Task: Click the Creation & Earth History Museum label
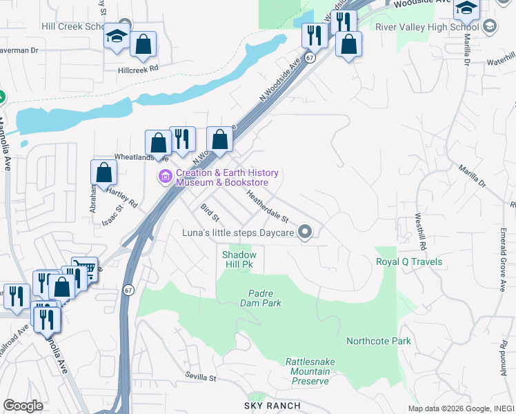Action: [226, 177]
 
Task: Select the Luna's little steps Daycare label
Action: [238, 233]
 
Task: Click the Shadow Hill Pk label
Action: [239, 259]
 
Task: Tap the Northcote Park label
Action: [378, 341]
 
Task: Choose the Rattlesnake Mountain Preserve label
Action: [307, 371]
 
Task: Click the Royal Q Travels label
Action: [408, 262]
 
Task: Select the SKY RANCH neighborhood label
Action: [270, 406]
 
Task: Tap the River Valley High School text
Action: [427, 27]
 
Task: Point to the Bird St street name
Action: [210, 213]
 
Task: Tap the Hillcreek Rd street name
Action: [138, 69]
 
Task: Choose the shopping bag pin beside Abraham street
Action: [103, 172]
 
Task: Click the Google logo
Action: [23, 406]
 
